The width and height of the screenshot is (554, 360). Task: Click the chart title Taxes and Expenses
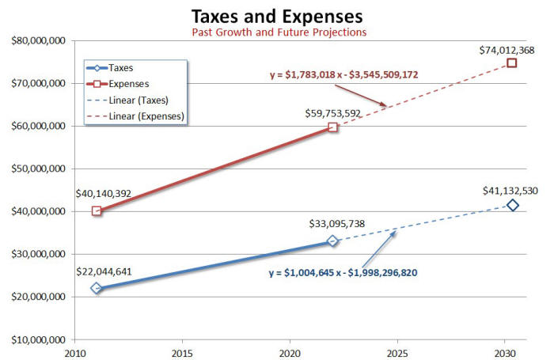coord(277,16)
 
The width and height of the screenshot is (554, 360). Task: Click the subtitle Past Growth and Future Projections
coord(277,32)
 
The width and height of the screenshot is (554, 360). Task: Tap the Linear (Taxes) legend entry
coord(135,100)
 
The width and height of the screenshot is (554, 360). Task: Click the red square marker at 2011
coord(97,211)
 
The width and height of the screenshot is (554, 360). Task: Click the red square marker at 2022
coord(333,127)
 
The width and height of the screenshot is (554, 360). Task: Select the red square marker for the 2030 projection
coord(512,63)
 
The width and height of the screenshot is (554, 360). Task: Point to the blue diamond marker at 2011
coord(97,288)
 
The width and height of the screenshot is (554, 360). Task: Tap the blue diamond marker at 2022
coord(333,241)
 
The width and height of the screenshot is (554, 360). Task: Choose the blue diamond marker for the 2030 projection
coord(513,206)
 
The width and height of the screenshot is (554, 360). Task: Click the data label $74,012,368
coord(507,50)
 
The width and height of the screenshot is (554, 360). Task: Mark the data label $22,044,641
coord(104,271)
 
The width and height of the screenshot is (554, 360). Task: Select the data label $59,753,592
coord(332,113)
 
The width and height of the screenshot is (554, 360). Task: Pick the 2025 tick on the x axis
coord(397,353)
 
